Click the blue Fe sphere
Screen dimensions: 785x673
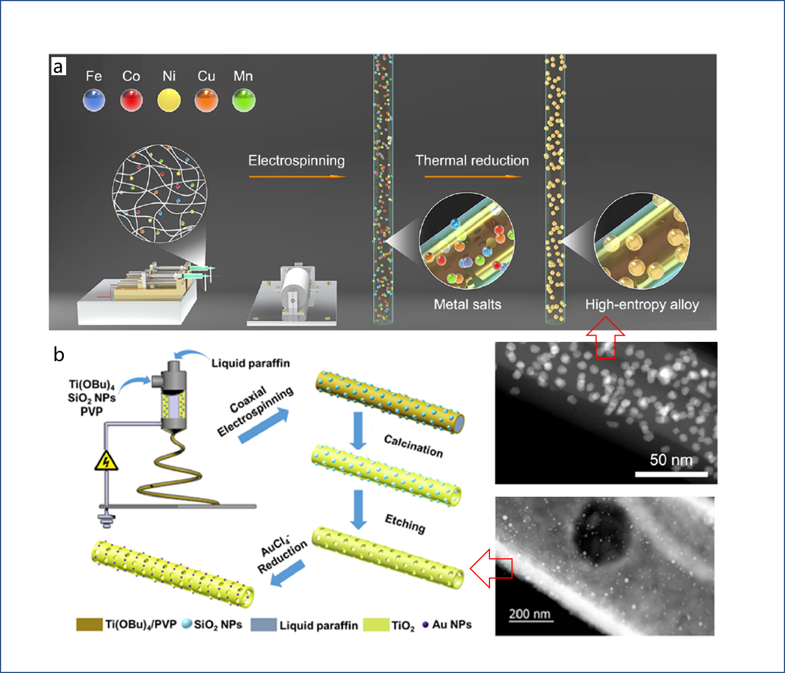(94, 100)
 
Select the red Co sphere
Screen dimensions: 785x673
(132, 100)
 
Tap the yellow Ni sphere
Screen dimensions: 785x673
(168, 100)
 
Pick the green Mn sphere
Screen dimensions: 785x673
(244, 100)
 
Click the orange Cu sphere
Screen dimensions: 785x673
(206, 100)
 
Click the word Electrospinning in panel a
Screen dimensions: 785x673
(297, 161)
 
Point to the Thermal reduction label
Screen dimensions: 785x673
(472, 160)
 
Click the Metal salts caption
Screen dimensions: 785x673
(467, 304)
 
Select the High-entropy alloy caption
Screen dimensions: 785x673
(642, 305)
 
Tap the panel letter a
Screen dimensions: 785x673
(58, 67)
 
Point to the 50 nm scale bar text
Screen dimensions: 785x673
(671, 460)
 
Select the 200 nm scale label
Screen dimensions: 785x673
(530, 613)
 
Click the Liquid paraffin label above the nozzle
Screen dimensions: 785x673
(251, 363)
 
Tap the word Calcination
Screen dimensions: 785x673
(414, 446)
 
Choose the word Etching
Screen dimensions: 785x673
(405, 524)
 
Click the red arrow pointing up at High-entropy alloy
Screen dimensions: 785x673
(605, 337)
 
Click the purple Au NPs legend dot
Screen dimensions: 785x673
(426, 624)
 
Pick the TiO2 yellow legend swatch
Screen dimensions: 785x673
(376, 625)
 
